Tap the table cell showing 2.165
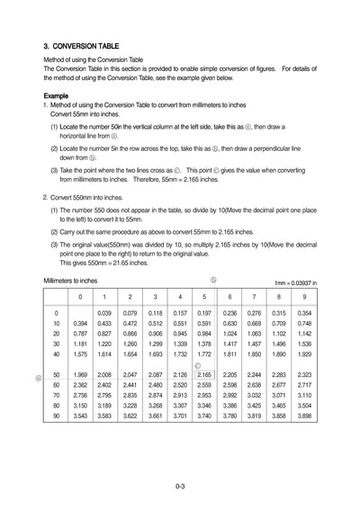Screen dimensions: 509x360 tap(204, 374)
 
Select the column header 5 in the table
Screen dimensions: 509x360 tap(204, 296)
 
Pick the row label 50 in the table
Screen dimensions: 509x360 tap(57, 374)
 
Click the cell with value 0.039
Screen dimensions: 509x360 tap(105, 313)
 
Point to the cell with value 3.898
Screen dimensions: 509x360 tap(304, 416)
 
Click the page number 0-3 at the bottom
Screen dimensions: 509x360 tap(180, 487)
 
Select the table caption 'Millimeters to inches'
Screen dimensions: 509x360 tap(70, 281)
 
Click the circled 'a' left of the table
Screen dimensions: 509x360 tap(37, 378)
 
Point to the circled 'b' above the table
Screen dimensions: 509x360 tap(213, 280)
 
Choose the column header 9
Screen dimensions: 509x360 tap(304, 296)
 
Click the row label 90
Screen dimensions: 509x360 tap(57, 416)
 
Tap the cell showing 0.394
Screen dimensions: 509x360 tap(79, 324)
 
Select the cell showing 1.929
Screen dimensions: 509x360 tap(304, 355)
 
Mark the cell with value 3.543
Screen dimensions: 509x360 tap(79, 416)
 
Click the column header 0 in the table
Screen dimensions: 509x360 tap(79, 296)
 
